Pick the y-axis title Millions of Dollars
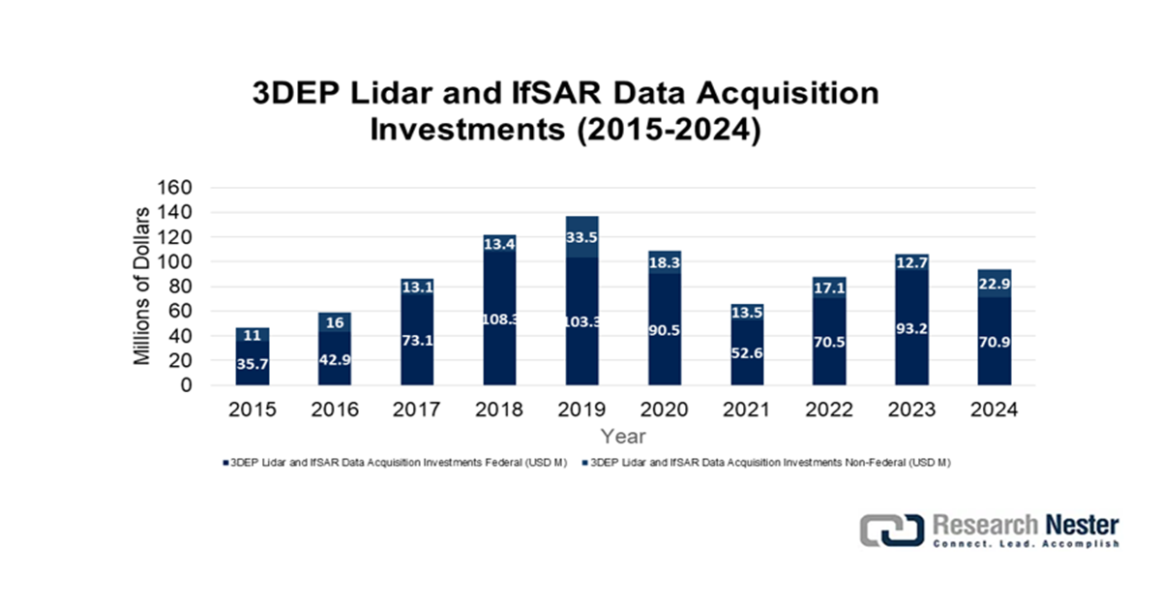tap(142, 286)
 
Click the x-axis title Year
tap(623, 437)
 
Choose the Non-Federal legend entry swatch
tap(583, 463)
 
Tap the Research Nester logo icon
tap(891, 531)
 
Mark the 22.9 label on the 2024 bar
tap(994, 283)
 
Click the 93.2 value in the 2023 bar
tap(911, 328)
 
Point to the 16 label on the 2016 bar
tap(335, 323)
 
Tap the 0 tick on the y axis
tap(188, 385)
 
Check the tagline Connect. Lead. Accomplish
tap(1025, 544)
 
